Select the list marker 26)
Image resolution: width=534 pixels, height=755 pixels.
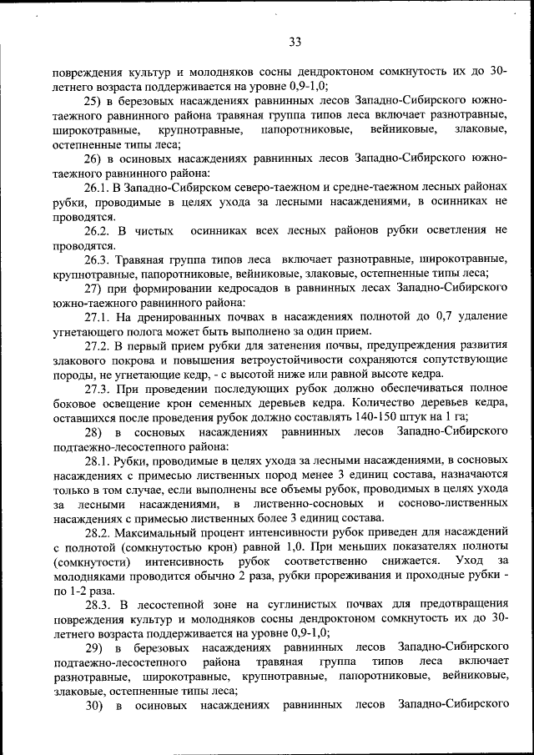pos(93,159)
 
